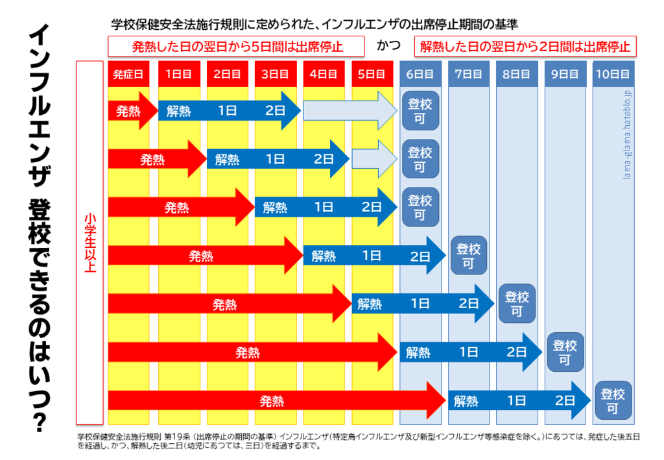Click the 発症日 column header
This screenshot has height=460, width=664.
128,74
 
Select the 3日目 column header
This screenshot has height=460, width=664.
275,74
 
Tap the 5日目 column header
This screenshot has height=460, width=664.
372,74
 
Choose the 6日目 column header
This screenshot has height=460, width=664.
420,74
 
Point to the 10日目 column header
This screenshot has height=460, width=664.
613,74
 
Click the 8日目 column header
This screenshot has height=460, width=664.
517,74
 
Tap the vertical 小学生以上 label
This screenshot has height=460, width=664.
90,243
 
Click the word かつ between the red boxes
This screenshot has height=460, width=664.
389,45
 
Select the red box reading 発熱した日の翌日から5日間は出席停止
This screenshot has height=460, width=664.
236,46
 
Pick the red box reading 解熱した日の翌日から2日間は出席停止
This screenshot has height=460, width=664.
525,46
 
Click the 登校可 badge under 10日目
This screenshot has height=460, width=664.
613,400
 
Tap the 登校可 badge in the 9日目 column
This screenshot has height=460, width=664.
565,352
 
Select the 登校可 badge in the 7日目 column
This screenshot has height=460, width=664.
468,256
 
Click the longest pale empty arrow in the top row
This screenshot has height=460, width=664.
350,110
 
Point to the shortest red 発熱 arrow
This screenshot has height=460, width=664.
133,111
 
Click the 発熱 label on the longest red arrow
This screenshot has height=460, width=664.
272,401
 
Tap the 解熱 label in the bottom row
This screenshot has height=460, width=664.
466,401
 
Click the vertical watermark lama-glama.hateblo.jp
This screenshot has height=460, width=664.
627,135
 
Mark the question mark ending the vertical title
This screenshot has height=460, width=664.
40,422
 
